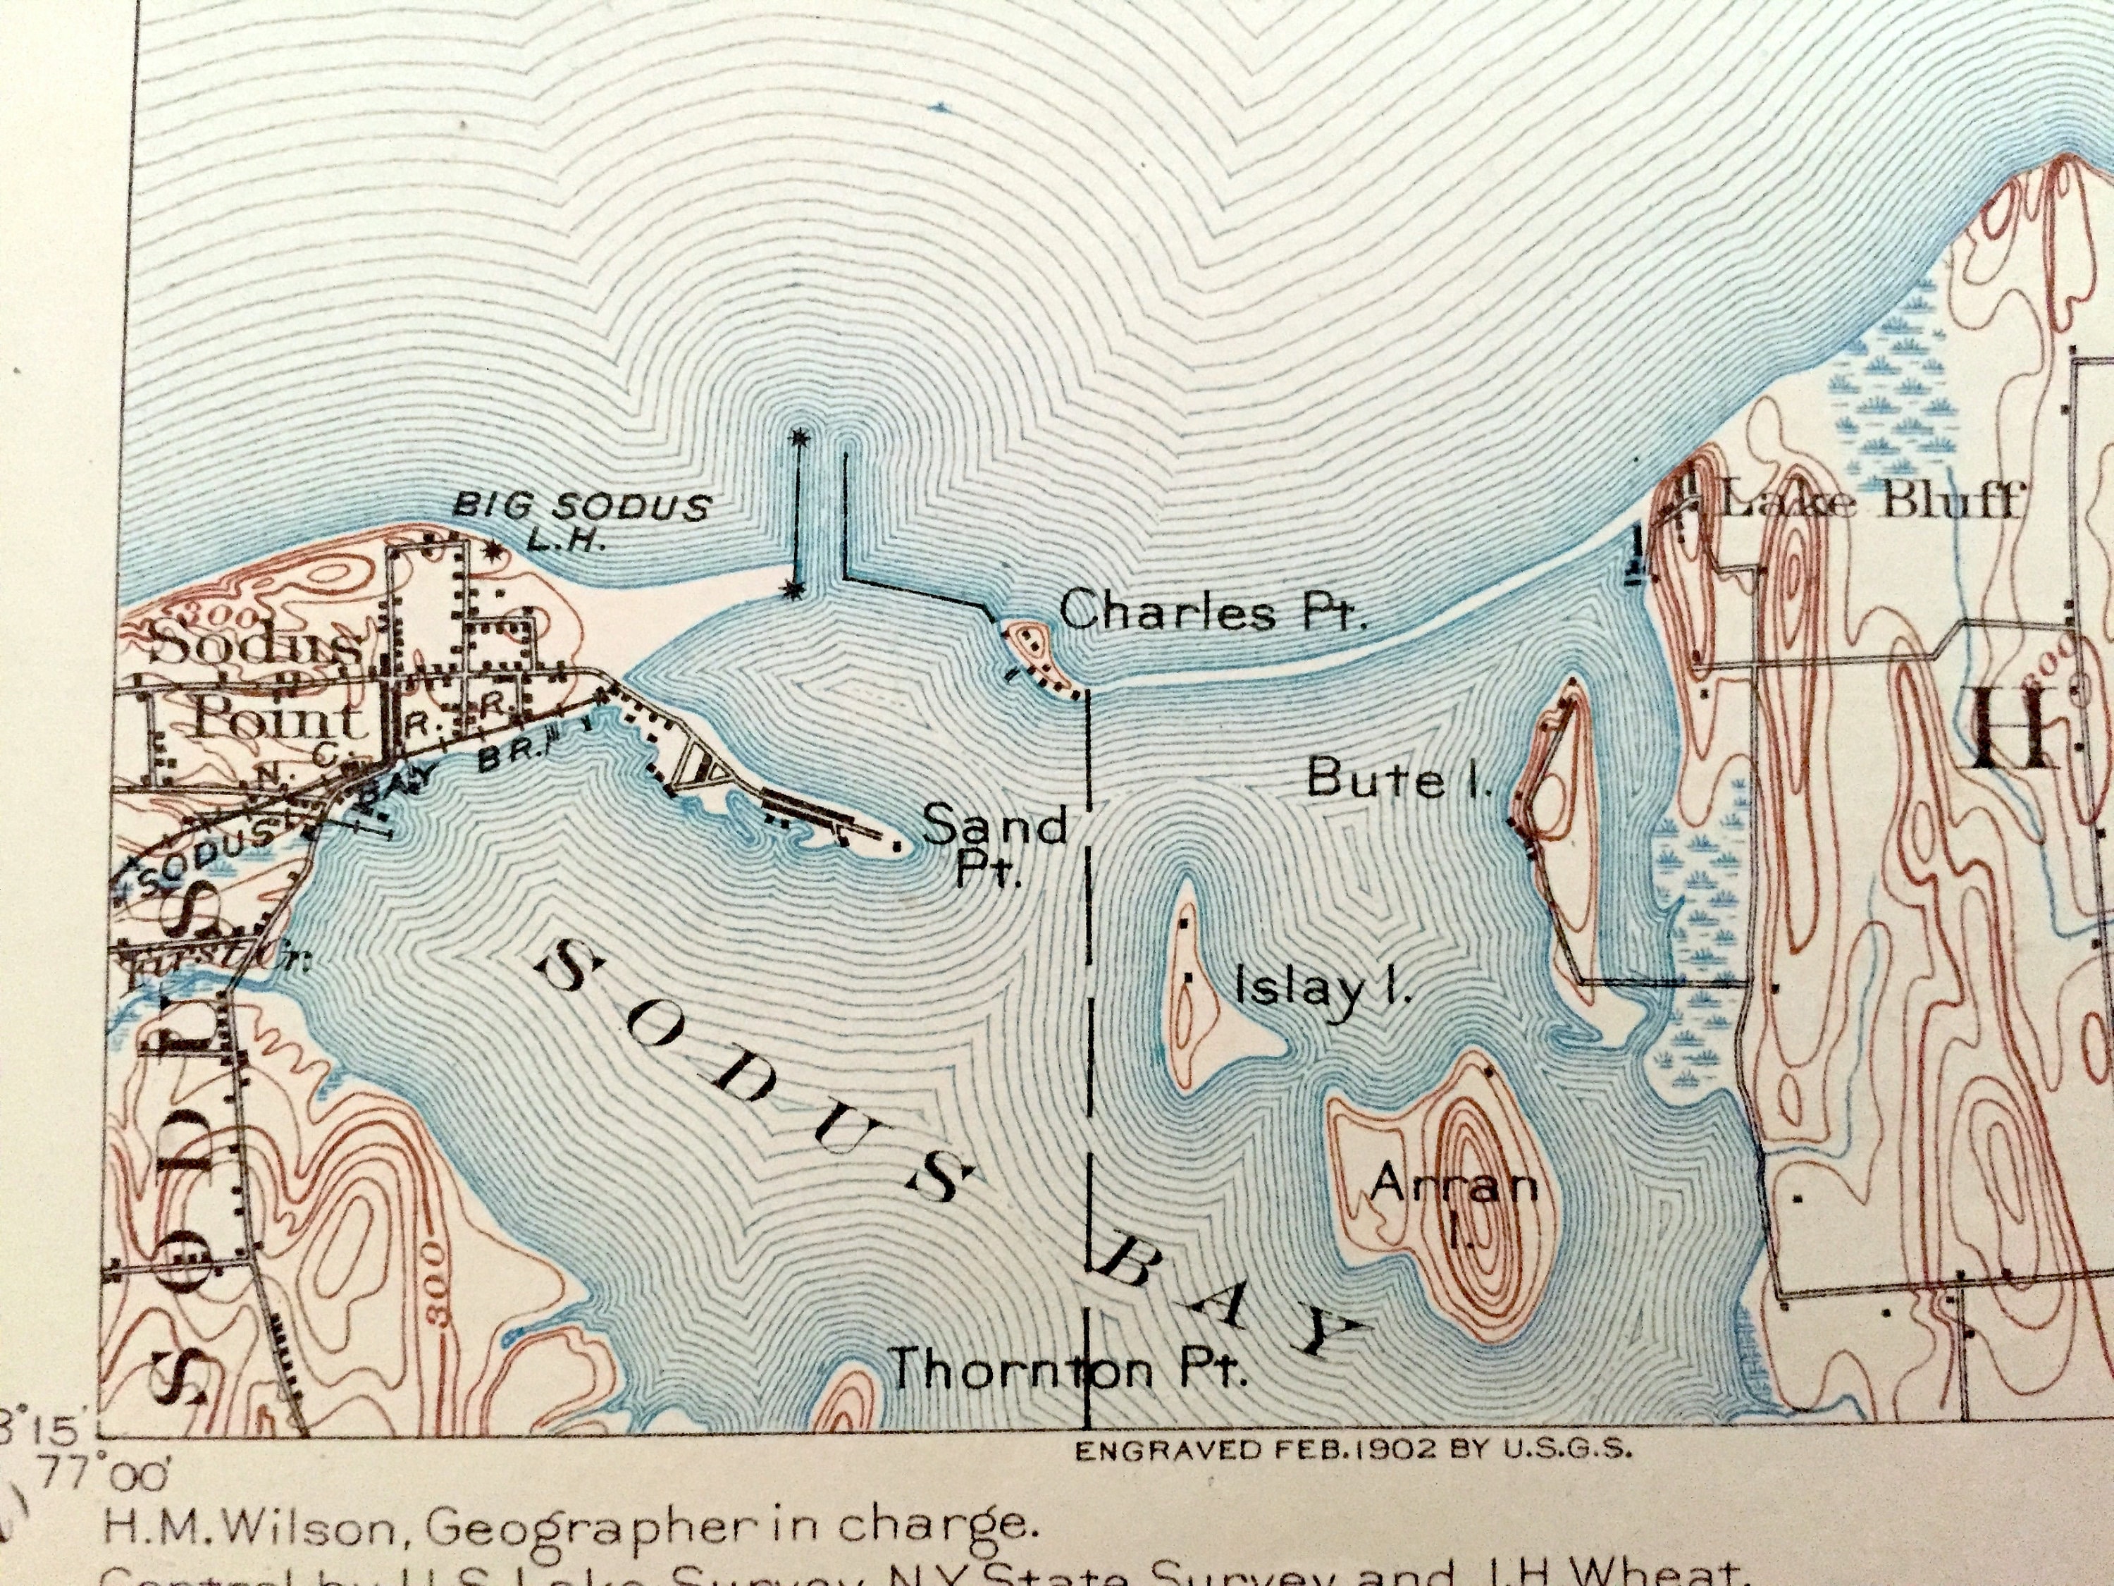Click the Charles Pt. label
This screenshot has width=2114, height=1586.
tap(1212, 610)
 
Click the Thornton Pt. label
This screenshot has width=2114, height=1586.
tap(1067, 1370)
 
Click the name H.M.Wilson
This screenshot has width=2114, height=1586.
tap(250, 1527)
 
